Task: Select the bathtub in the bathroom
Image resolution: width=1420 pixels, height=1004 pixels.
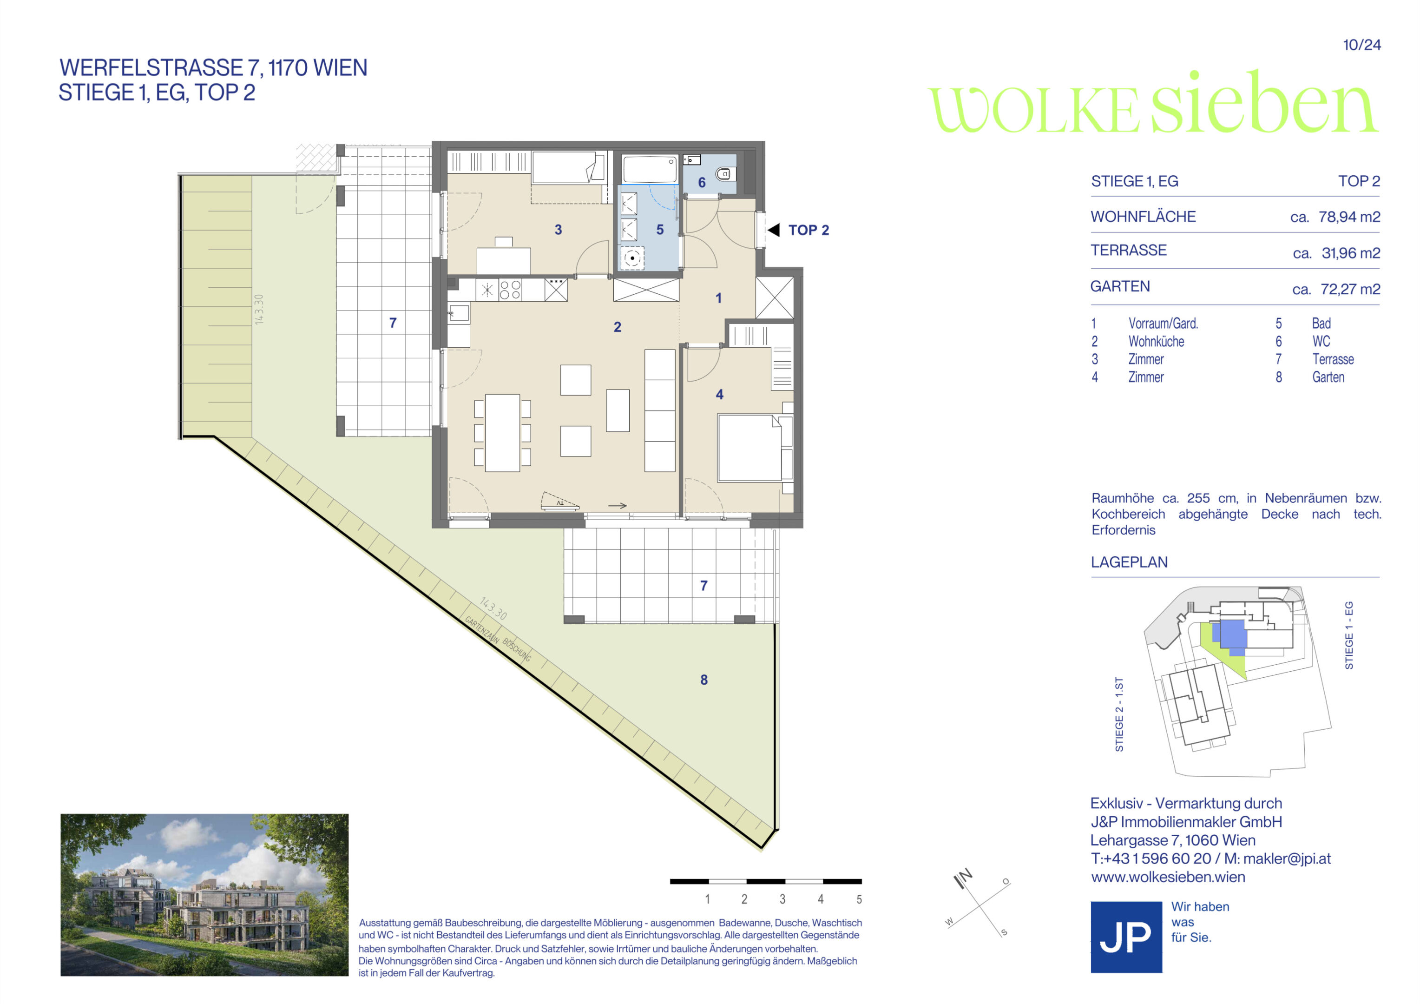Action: click(650, 169)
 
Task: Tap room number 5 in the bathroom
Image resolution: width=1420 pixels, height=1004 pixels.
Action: click(660, 230)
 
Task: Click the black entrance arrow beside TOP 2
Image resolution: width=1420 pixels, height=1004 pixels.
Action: click(774, 230)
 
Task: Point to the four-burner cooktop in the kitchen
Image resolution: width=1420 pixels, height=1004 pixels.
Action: click(510, 290)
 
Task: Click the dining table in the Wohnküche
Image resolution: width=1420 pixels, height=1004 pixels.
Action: click(502, 433)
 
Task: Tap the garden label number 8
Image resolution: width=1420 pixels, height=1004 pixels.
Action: click(704, 680)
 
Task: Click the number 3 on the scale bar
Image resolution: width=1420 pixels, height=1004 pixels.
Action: click(782, 899)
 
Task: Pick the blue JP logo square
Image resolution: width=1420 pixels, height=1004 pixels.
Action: click(1126, 937)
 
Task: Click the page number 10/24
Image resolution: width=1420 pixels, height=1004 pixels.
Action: click(1362, 45)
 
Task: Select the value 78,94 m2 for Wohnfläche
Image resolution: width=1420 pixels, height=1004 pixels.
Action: click(1349, 217)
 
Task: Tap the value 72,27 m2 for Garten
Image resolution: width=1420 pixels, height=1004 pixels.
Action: click(1350, 290)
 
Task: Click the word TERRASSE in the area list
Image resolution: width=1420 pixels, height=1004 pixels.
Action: click(1129, 251)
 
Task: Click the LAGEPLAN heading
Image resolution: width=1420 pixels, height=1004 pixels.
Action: click(1129, 562)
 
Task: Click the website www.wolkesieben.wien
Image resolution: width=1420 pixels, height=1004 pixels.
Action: click(1168, 877)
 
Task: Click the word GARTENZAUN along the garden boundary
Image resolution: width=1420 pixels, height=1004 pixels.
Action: click(482, 630)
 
